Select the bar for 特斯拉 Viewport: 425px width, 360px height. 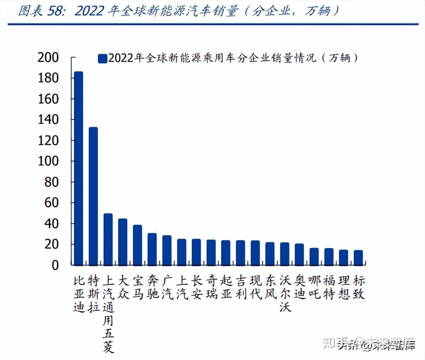(93, 196)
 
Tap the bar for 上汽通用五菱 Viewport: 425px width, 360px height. (108, 239)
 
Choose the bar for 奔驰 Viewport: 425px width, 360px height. (152, 249)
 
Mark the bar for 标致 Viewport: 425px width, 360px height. (358, 257)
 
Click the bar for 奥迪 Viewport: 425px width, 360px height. (300, 254)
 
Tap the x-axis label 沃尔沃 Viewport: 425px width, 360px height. (285, 293)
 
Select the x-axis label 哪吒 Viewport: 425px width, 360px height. (314, 287)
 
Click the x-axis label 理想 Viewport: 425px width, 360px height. (344, 287)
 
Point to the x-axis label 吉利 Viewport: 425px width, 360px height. (241, 287)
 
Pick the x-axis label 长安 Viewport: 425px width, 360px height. (197, 287)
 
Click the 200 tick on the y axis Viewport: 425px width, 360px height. (48, 57)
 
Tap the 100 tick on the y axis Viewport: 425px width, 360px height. (48, 161)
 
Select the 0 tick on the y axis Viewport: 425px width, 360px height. (55, 265)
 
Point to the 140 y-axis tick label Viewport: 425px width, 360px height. (48, 120)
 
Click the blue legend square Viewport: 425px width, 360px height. (103, 58)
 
